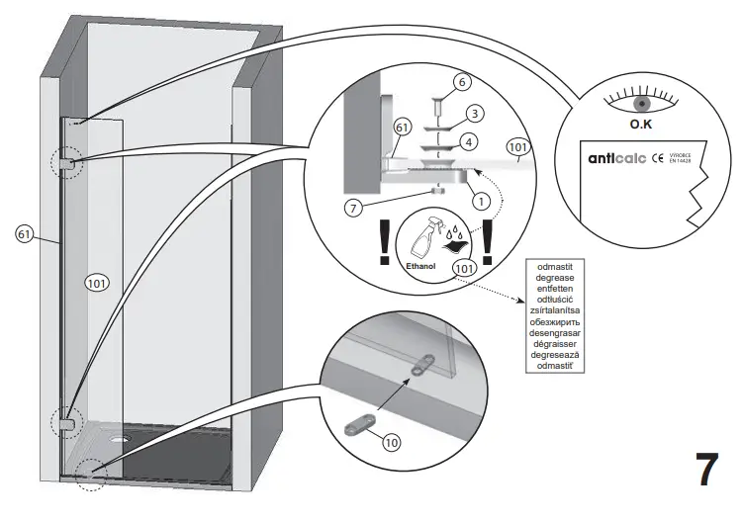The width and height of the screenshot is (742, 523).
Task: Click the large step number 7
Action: click(x=704, y=470)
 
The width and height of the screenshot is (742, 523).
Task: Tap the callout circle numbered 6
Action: click(x=461, y=81)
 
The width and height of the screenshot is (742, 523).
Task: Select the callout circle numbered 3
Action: click(x=475, y=114)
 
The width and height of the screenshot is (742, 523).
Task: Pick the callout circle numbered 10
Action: click(x=392, y=442)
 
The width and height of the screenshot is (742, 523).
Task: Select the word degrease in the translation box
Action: click(x=560, y=278)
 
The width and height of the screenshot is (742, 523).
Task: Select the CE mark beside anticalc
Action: click(x=656, y=157)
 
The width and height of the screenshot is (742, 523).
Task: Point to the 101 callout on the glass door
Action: click(x=96, y=280)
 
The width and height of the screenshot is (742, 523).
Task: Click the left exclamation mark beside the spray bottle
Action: click(x=384, y=243)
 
